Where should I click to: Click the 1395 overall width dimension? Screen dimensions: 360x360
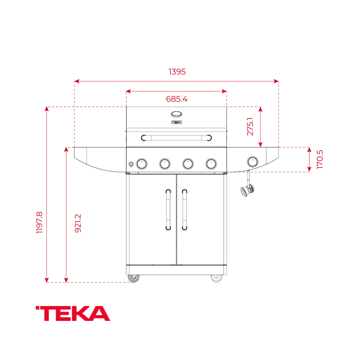tap(177, 72)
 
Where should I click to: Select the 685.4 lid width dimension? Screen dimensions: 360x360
tap(176, 99)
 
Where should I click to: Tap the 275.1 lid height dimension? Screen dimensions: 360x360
tap(250, 127)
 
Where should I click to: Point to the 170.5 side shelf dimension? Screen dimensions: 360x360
tap(320, 159)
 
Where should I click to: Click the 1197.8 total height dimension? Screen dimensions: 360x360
tap(39, 222)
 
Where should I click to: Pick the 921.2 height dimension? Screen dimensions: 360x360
tap(78, 223)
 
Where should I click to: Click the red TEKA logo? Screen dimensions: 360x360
tap(73, 314)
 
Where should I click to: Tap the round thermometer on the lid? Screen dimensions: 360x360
tap(176, 114)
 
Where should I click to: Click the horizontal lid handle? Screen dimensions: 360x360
tap(176, 138)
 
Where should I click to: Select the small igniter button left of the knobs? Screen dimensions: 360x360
tap(131, 164)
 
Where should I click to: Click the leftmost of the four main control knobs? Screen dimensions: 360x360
tap(142, 163)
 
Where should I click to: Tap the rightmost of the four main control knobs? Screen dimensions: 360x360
tap(211, 163)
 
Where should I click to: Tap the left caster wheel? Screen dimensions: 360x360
tap(133, 278)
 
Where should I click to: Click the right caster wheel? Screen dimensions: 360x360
tap(216, 278)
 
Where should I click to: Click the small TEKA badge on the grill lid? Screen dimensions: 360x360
tap(176, 122)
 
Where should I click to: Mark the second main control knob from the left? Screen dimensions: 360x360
tap(165, 163)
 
